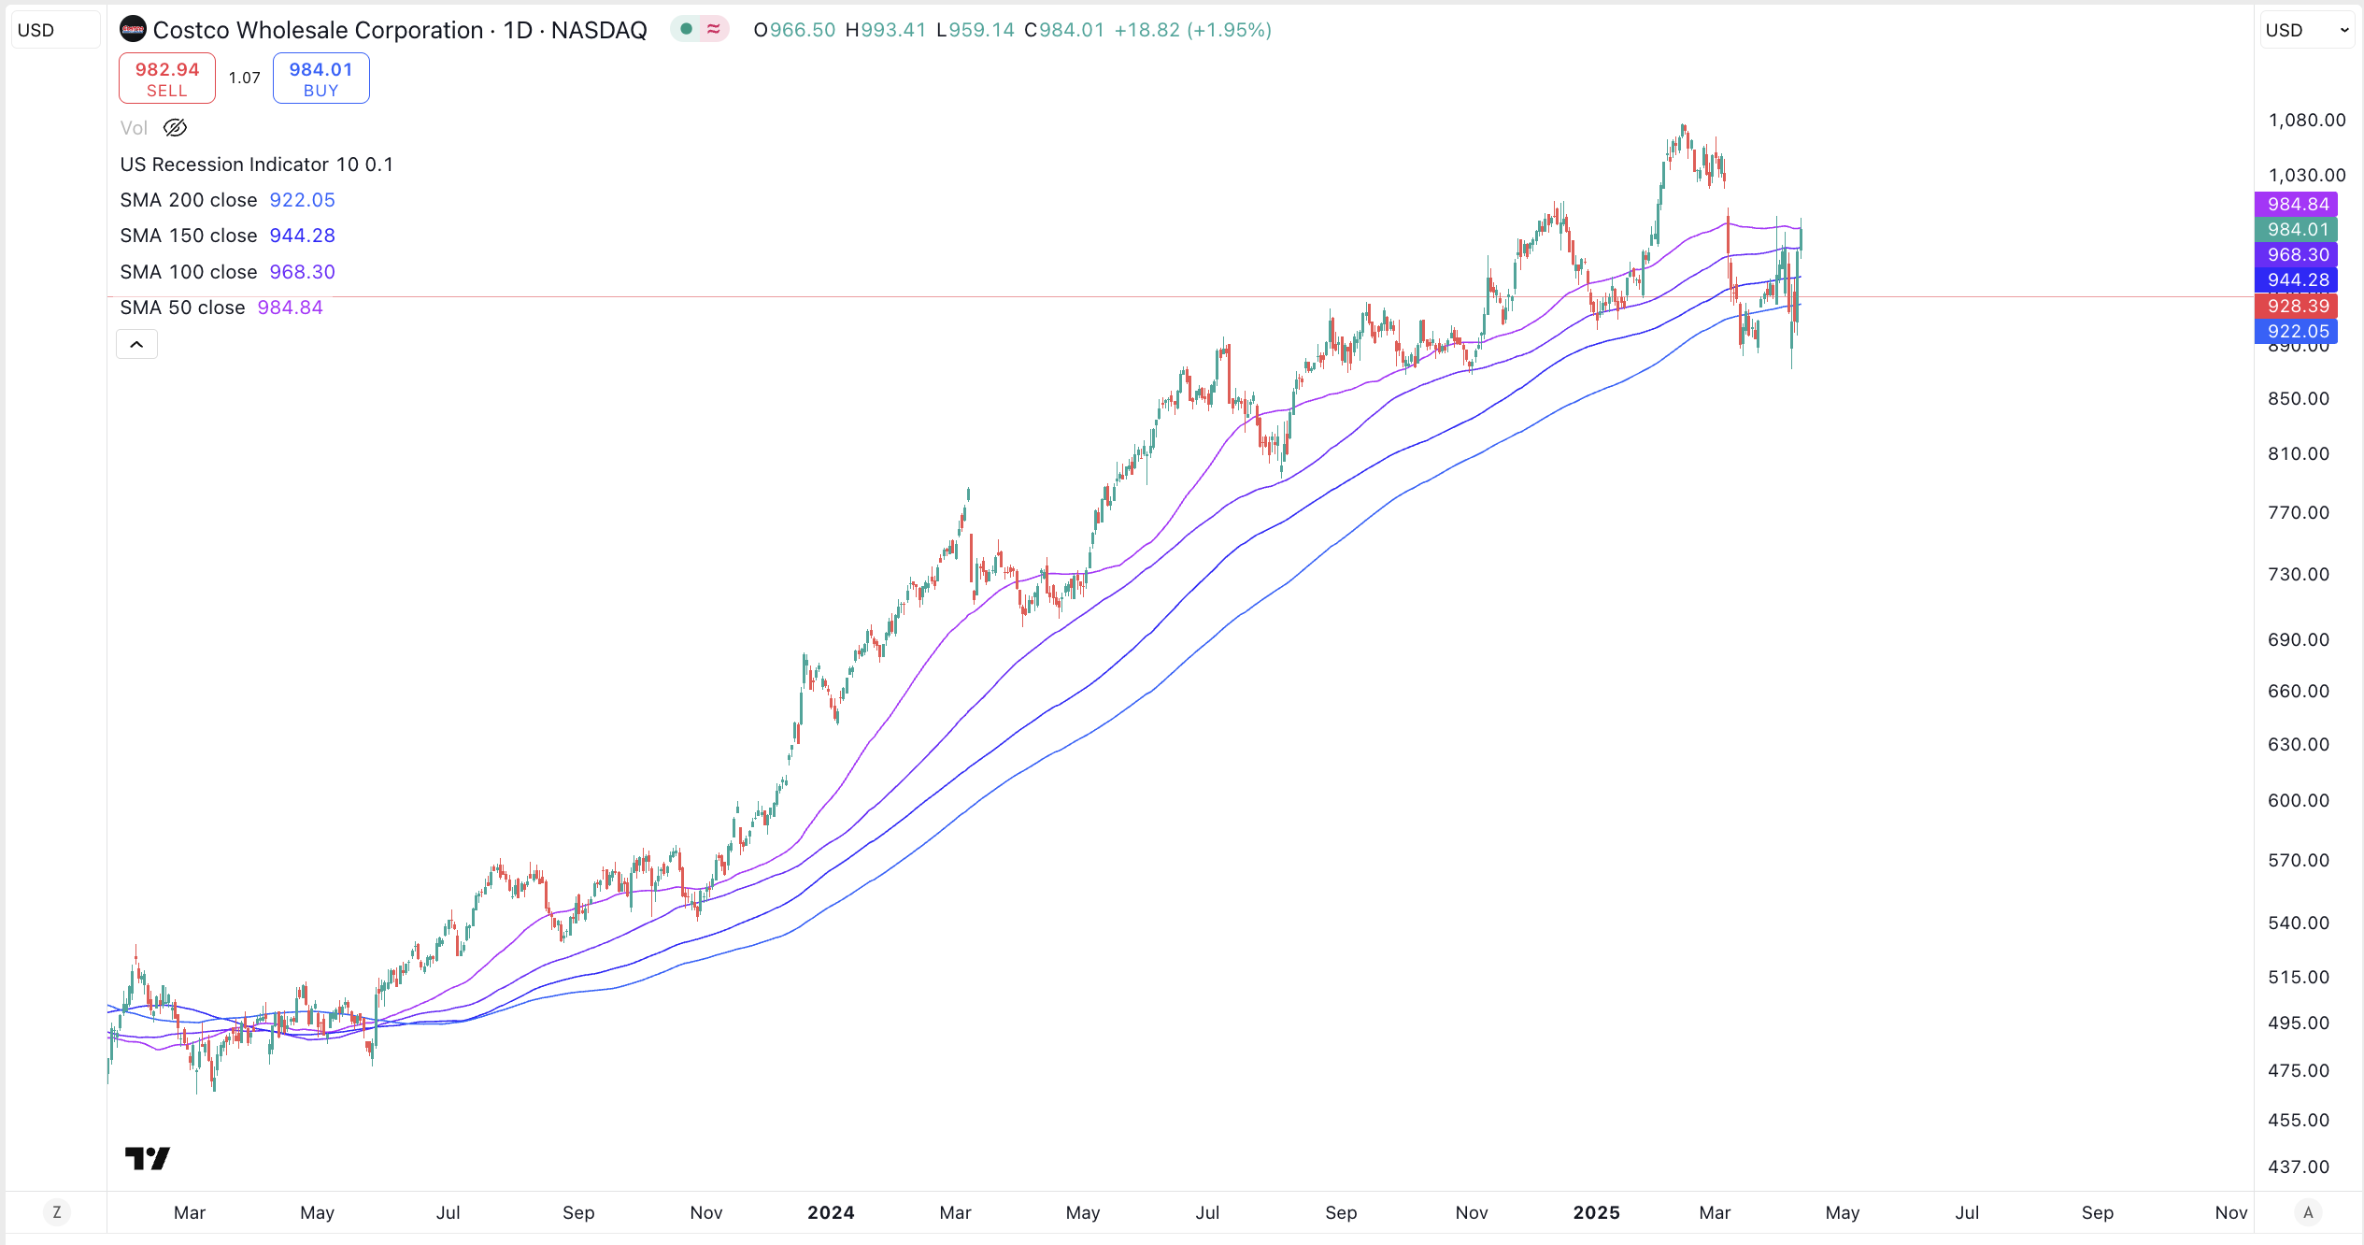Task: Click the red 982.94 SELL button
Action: coord(166,79)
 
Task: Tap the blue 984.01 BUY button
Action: coord(320,79)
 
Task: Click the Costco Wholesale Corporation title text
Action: coord(318,30)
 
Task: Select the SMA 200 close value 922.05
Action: coord(302,200)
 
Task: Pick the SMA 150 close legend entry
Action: coord(189,236)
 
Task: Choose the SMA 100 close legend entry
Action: coord(189,272)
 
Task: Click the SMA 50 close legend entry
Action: coord(182,308)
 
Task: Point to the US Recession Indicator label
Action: coord(226,165)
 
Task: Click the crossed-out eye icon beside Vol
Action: coord(175,128)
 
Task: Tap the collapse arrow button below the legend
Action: coord(136,345)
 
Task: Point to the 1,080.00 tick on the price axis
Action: coord(2306,120)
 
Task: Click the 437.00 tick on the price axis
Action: coord(2298,1166)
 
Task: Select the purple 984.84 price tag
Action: coord(2297,204)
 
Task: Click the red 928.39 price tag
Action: coord(2297,306)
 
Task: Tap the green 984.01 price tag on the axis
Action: coord(2297,229)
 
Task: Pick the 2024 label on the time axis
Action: coord(831,1212)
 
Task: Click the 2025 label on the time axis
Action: coord(1596,1212)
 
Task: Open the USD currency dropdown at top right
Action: coord(2306,30)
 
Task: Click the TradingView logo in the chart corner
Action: coord(148,1159)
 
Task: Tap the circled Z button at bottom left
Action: coord(57,1212)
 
